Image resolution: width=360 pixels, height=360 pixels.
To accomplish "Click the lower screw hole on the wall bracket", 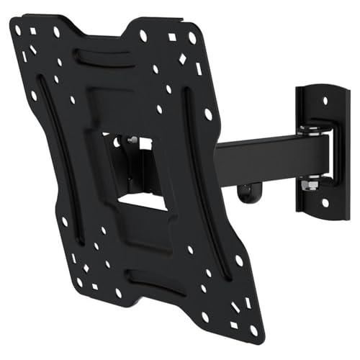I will coord(325,203).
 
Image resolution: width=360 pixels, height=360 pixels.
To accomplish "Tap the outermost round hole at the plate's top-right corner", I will coord(192,37).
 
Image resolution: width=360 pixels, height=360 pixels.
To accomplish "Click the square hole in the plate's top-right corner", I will coord(172,37).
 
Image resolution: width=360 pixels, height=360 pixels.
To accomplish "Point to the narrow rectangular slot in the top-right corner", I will coord(199,69).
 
